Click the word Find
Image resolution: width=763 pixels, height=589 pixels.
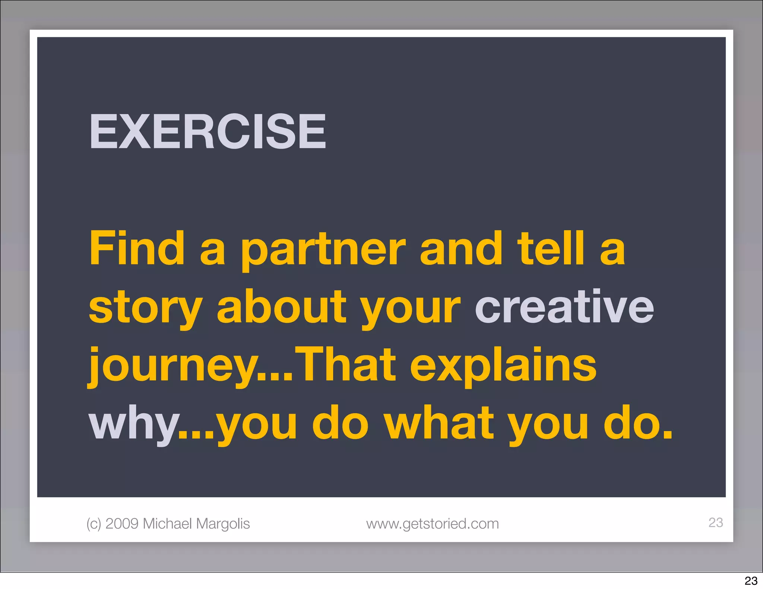tap(137, 248)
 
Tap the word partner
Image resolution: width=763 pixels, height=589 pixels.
tap(323, 250)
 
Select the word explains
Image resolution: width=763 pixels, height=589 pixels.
tap(503, 366)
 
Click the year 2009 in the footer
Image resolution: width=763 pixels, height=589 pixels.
tap(122, 523)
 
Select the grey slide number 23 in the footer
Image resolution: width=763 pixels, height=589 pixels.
tap(715, 522)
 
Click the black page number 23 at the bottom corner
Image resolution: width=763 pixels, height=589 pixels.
tap(751, 580)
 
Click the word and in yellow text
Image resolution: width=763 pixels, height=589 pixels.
tap(461, 248)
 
